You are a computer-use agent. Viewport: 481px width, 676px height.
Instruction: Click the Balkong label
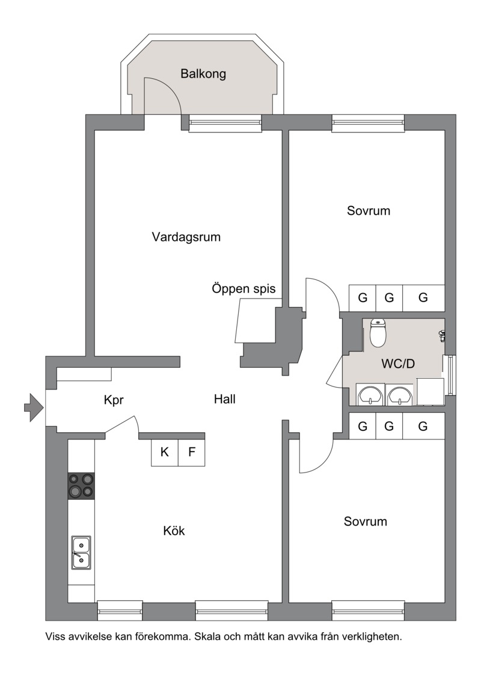coord(203,73)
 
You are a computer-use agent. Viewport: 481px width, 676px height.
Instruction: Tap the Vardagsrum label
coord(186,237)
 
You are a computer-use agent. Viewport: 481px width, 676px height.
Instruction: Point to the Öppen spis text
coord(244,288)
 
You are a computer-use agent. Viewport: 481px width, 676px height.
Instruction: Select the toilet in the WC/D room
coord(378,333)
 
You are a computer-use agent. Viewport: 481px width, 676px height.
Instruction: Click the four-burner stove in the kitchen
coord(81,486)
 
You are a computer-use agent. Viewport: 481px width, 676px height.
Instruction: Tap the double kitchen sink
coord(81,552)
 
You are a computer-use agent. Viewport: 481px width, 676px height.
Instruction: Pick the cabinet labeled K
coord(165,452)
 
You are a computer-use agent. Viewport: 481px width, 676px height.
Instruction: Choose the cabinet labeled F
coord(192,452)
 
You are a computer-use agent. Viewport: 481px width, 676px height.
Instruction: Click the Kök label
coord(174,530)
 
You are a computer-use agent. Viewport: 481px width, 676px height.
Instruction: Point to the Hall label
coord(225,399)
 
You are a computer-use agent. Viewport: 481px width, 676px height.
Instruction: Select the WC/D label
coord(398,364)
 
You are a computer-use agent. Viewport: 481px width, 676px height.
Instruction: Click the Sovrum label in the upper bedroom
coord(369,211)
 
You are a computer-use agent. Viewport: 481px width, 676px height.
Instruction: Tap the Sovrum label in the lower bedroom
coord(365,522)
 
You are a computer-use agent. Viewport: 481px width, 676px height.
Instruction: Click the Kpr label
coord(114,400)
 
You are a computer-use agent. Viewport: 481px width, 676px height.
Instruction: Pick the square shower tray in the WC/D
coord(430,392)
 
